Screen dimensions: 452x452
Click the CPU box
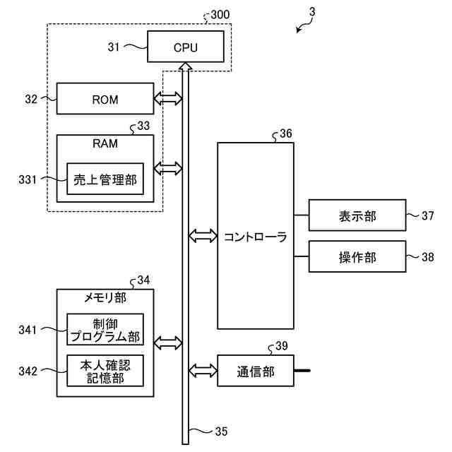coord(185,47)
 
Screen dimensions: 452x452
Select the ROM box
coord(105,99)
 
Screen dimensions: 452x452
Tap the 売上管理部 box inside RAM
coord(105,179)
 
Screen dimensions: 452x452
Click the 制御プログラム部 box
coord(105,329)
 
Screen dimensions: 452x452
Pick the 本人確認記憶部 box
coord(105,371)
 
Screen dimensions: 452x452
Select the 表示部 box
coord(357,215)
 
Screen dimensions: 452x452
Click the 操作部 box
coord(357,256)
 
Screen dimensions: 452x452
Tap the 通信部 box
coord(256,371)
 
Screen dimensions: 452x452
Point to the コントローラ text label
coord(256,237)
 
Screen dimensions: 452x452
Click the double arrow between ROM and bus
coord(168,99)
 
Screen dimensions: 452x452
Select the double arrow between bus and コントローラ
coord(203,236)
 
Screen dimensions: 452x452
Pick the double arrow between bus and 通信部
coord(203,371)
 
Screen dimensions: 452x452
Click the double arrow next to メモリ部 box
coord(168,343)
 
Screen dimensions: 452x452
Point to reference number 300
coord(220,14)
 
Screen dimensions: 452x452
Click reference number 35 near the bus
coord(221,432)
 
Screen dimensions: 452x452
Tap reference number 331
coord(28,179)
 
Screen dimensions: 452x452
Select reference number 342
coord(28,371)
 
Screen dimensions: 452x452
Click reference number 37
coord(428,215)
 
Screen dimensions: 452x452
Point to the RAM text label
coord(105,143)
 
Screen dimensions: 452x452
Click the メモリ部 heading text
coord(105,297)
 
